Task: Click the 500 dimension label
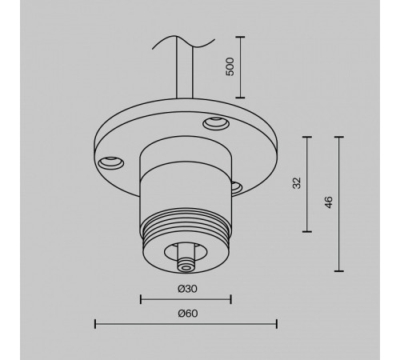click(230, 66)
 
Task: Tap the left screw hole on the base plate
click(110, 163)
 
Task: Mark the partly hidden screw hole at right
click(236, 186)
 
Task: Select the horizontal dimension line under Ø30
click(185, 299)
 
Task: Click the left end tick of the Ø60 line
click(95, 323)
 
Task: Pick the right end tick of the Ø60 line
click(276, 323)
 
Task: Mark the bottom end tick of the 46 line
click(342, 270)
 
